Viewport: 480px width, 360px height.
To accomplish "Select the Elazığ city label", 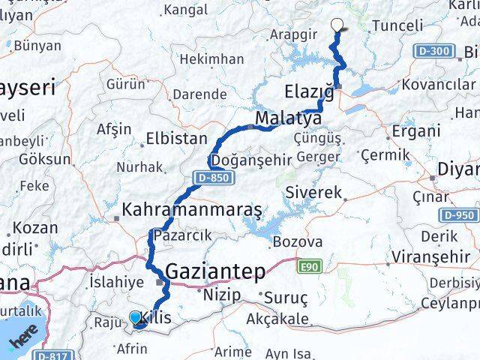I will click(309, 91).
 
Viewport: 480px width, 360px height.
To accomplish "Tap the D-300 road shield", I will click(433, 52).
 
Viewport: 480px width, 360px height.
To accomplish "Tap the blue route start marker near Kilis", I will click(136, 319).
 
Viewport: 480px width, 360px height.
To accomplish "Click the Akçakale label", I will click(277, 319).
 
